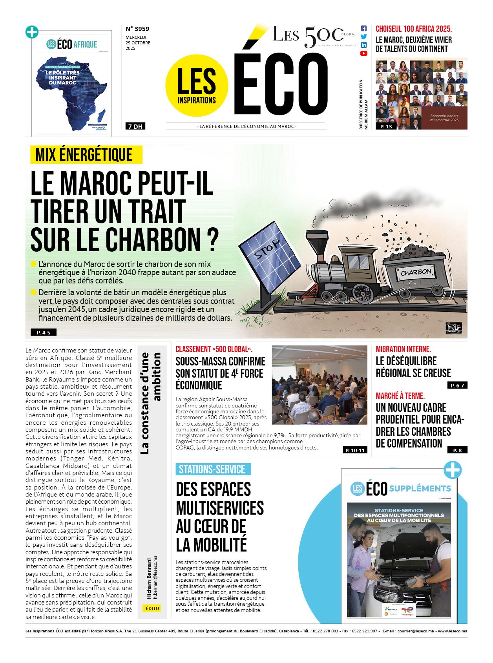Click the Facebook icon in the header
pyautogui.click(x=363, y=29)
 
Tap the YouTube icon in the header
pyautogui.click(x=363, y=53)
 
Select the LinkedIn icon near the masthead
pyautogui.click(x=363, y=45)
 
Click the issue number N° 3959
pyautogui.click(x=137, y=29)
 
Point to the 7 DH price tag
pyautogui.click(x=134, y=126)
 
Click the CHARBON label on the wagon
pyautogui.click(x=416, y=272)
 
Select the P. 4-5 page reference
pyautogui.click(x=44, y=332)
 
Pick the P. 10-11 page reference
pyautogui.click(x=355, y=450)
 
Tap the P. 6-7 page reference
pyautogui.click(x=457, y=385)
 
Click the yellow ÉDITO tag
pyautogui.click(x=152, y=608)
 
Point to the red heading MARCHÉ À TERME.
pyautogui.click(x=400, y=396)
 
